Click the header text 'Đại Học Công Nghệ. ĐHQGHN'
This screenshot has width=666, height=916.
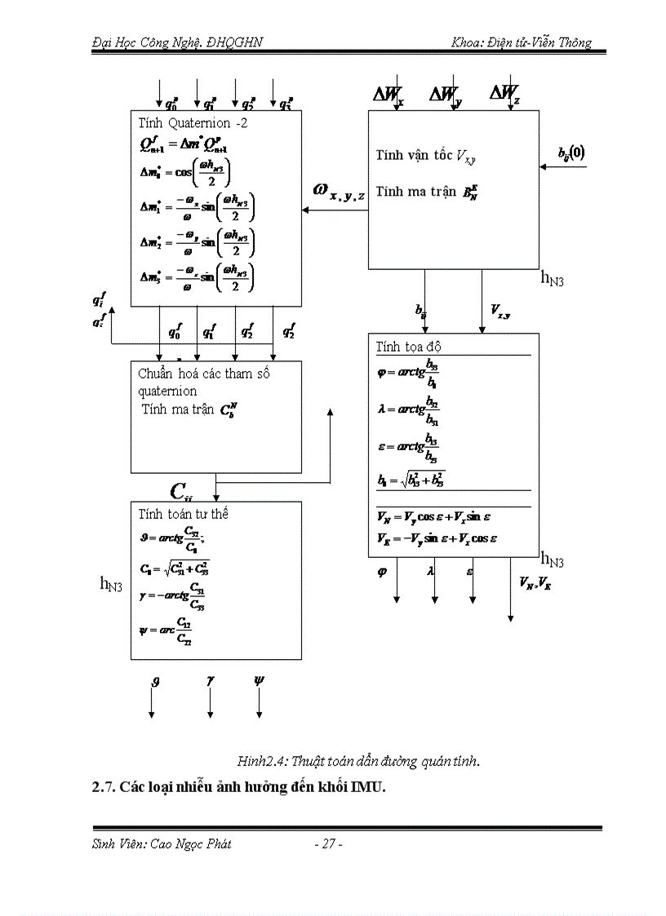pyautogui.click(x=177, y=42)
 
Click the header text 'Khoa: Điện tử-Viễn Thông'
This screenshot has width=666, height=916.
pyautogui.click(x=521, y=42)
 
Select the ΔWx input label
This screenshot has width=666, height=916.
pyautogui.click(x=388, y=95)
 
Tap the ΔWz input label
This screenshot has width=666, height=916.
pyautogui.click(x=504, y=94)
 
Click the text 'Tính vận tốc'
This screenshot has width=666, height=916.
pyautogui.click(x=415, y=155)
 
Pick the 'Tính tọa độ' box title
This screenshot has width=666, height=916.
pyautogui.click(x=409, y=347)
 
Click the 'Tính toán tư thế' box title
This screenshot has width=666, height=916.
pyautogui.click(x=184, y=513)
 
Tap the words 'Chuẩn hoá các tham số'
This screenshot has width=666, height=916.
pyautogui.click(x=204, y=374)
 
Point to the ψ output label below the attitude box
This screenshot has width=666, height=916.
pyautogui.click(x=260, y=679)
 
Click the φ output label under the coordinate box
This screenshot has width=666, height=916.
pyautogui.click(x=382, y=572)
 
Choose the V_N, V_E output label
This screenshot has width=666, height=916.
pyautogui.click(x=535, y=582)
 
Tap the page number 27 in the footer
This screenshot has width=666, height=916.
pyautogui.click(x=328, y=844)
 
